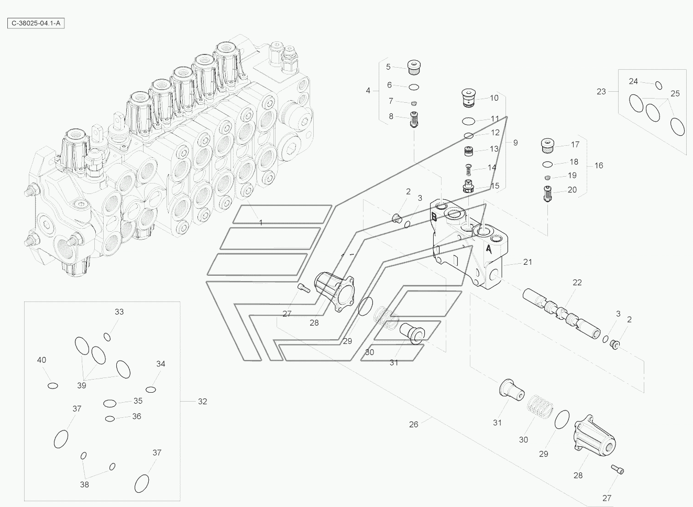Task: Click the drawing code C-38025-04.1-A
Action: [36, 24]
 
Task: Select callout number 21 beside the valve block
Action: [527, 262]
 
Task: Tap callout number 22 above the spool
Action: [577, 283]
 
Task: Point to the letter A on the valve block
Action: [489, 249]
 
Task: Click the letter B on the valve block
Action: [434, 217]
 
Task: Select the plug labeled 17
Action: [547, 146]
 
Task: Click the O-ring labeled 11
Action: [468, 121]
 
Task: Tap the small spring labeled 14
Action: [468, 170]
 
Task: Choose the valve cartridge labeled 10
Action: [468, 98]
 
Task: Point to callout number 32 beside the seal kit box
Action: [202, 402]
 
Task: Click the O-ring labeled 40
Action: [52, 385]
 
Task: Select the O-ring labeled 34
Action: [151, 390]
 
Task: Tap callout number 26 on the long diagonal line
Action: [414, 424]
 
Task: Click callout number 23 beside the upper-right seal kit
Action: [601, 92]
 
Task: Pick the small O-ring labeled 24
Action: [658, 85]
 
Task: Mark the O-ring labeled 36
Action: [110, 419]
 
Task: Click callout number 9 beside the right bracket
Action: [515, 143]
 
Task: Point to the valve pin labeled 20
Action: [547, 194]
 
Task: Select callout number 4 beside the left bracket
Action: [368, 90]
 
